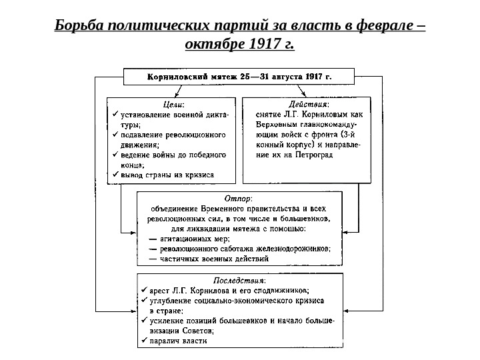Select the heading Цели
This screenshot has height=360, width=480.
[x=175, y=104]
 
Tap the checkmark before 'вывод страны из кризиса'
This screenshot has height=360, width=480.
[x=113, y=174]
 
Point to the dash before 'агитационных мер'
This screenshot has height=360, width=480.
[x=153, y=238]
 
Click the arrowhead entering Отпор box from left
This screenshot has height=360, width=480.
[x=133, y=233]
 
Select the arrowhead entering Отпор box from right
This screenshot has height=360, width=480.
[x=347, y=233]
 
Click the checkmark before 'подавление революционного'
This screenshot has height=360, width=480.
[x=113, y=134]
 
